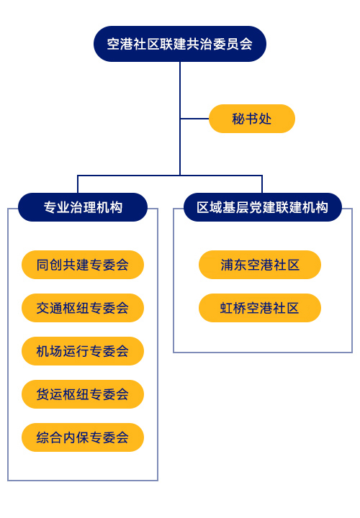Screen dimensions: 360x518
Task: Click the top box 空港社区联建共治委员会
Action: (x=180, y=44)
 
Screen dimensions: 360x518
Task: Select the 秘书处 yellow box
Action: (x=252, y=119)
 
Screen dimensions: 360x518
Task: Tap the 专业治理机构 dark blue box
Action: (x=83, y=207)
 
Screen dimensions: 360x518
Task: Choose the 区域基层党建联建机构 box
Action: (x=263, y=207)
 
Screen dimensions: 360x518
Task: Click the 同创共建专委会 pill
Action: (x=83, y=265)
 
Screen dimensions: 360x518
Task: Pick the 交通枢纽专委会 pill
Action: (x=83, y=308)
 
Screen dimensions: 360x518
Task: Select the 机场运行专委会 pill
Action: (x=83, y=351)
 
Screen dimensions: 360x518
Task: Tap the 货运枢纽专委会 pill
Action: (x=83, y=394)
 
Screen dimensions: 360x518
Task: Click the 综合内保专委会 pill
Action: (x=83, y=437)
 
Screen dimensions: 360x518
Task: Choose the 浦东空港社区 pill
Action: (x=260, y=265)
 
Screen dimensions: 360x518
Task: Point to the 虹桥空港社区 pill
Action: (x=260, y=308)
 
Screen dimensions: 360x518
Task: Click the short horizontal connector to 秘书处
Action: (x=194, y=119)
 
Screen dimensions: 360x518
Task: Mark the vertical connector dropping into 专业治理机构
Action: (x=78, y=184)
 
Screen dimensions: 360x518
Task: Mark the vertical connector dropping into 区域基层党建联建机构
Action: (x=262, y=184)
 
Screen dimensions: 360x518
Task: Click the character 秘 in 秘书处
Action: (x=238, y=119)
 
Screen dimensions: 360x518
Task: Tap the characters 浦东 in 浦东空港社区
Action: (x=234, y=265)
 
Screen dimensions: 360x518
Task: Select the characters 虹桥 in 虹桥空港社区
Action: (x=233, y=308)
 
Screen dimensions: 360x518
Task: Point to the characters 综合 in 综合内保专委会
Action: (x=50, y=437)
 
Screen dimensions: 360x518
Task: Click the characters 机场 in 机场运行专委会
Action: (x=50, y=351)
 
